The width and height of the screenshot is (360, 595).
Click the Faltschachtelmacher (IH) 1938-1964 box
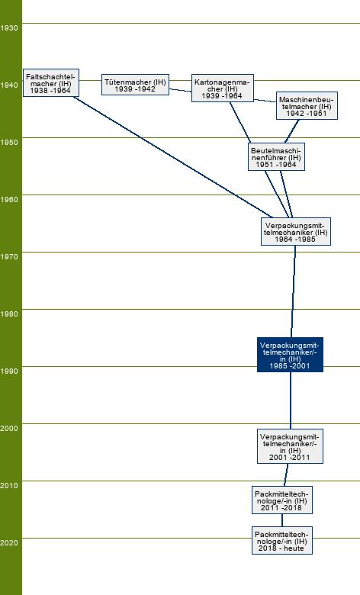[51, 82]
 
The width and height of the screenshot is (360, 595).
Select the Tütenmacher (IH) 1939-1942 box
[135, 85]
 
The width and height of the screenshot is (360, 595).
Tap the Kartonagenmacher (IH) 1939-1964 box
[222, 88]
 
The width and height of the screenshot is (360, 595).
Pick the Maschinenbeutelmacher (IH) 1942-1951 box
[307, 105]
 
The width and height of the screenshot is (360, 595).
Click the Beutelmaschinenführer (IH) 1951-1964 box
[276, 156]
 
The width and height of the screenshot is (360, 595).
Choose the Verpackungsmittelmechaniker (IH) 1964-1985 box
[295, 231]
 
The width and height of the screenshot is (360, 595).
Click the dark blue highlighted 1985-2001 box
[290, 355]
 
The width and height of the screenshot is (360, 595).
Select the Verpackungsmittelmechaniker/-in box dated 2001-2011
[290, 446]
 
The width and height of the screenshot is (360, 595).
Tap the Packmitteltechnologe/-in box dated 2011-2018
[282, 500]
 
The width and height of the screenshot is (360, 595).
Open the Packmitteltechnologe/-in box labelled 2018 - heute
[282, 540]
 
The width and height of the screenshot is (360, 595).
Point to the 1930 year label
[8, 27]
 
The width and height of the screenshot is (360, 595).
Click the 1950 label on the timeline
[8, 142]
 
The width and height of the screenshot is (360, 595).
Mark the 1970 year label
[8, 256]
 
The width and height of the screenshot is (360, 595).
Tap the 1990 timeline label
[8, 371]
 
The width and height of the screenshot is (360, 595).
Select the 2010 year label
[8, 485]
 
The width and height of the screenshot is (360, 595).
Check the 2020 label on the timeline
[8, 542]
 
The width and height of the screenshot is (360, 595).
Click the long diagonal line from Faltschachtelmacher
[172, 157]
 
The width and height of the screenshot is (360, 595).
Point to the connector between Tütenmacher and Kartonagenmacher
[180, 90]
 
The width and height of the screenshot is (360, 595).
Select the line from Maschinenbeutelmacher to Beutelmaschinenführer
[291, 131]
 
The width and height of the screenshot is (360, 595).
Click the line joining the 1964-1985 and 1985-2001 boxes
[293, 291]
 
